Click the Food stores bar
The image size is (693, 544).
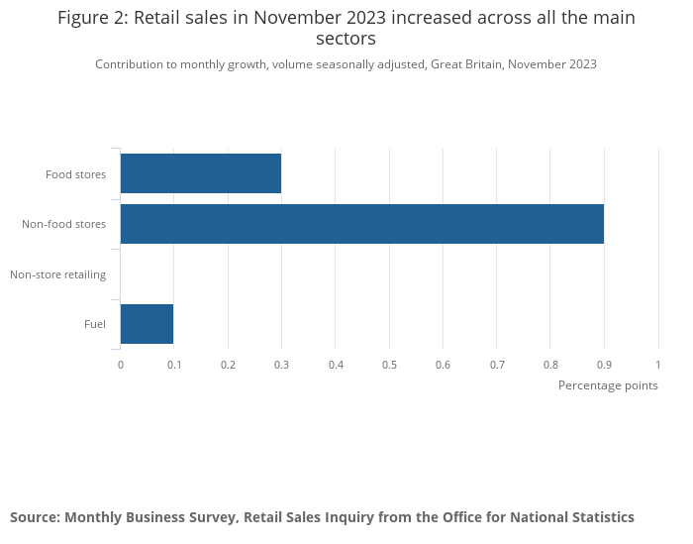(201, 173)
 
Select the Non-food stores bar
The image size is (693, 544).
(362, 224)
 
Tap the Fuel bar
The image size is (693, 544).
(147, 324)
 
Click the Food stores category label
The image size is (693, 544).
(75, 175)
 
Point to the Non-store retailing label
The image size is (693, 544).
(57, 274)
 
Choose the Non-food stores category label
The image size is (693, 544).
(63, 225)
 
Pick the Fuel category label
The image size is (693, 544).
(95, 324)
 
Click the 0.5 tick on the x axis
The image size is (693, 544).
(389, 365)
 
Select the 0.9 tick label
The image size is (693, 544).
(604, 365)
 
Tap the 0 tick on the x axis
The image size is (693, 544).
(121, 365)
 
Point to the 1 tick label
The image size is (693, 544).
(658, 365)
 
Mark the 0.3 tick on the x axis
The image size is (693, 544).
(281, 365)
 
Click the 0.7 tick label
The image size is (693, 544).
(497, 365)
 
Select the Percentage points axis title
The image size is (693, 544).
(608, 385)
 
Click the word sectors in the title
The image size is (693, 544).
(346, 40)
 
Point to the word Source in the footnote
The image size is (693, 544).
(35, 517)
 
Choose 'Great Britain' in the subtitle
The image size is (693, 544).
(468, 64)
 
